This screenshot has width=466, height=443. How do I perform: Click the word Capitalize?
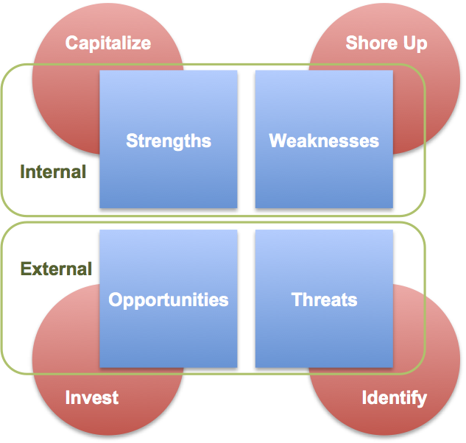[x=108, y=43]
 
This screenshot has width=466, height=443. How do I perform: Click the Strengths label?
[x=169, y=141]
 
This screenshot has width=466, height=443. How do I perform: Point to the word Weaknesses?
[x=324, y=141]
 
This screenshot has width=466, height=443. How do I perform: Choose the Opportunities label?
[x=169, y=300]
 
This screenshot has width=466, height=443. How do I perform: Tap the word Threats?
[x=324, y=300]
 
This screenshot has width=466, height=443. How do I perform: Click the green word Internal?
[x=53, y=171]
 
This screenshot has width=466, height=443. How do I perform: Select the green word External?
[x=56, y=269]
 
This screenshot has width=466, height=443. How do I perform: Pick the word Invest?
[x=92, y=397]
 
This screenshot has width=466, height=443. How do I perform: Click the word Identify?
[x=395, y=398]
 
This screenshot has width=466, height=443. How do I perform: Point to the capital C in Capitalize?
[x=72, y=43]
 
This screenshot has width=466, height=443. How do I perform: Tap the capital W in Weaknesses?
[x=278, y=141]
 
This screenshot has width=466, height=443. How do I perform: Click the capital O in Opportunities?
[x=116, y=300]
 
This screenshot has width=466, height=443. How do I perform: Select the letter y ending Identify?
[x=421, y=401]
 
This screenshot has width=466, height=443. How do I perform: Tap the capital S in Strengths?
[x=133, y=141]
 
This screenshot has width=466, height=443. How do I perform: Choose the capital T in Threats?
[x=297, y=300]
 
